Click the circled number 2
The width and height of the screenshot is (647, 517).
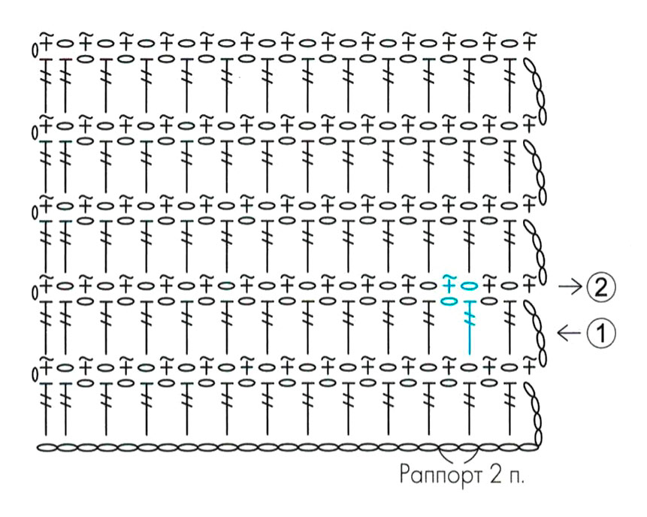[600, 287]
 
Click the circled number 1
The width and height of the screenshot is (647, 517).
[600, 332]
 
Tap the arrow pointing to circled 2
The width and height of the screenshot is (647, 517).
[570, 287]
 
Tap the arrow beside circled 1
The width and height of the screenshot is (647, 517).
[569, 332]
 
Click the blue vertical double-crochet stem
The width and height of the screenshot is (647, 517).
[469, 328]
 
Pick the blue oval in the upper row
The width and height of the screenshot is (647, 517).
[469, 286]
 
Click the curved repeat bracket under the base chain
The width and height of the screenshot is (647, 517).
[459, 457]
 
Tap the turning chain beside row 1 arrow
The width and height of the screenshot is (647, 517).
[536, 333]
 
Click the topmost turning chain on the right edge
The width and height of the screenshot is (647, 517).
[536, 91]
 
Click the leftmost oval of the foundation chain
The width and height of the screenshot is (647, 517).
[47, 447]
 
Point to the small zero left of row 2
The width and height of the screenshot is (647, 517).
[35, 292]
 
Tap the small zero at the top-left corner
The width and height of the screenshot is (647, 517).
[35, 50]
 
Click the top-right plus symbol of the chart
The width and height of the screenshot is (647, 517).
[530, 43]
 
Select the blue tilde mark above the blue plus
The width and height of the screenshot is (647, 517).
[448, 277]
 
